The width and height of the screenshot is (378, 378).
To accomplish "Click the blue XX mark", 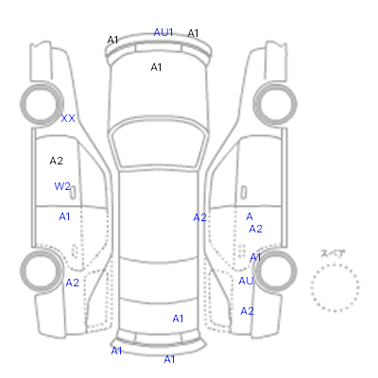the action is (x=68, y=118).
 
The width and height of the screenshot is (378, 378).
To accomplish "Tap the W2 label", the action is (x=62, y=186).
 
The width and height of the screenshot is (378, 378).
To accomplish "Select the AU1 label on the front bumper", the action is (x=163, y=32).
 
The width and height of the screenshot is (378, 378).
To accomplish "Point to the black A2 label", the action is (x=57, y=161).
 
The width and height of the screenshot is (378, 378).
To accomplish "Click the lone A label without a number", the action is (x=249, y=216).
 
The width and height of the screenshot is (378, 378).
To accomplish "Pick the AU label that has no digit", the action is (x=246, y=281).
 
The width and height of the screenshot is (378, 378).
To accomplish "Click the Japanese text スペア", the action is (x=333, y=253).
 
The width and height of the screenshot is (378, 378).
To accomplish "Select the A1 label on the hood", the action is (x=156, y=67).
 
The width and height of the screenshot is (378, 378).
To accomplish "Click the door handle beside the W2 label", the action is (x=73, y=193).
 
